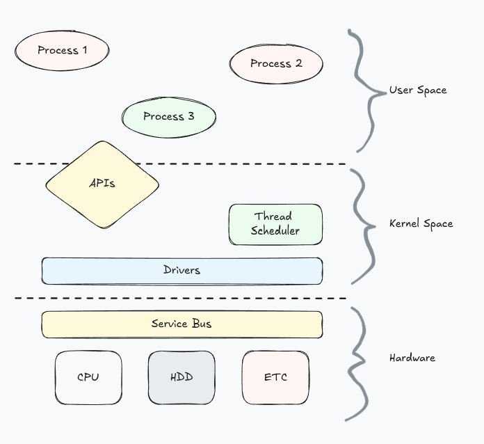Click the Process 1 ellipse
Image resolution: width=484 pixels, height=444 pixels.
point(62,50)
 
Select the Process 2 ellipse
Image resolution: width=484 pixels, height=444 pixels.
point(276,63)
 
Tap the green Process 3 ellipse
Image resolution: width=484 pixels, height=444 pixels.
point(168,116)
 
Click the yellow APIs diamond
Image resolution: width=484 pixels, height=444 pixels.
point(102,184)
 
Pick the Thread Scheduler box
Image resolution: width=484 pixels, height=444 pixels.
point(275,224)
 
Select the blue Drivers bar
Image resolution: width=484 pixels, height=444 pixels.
point(181,270)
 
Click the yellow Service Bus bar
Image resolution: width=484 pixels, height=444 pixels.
point(181,324)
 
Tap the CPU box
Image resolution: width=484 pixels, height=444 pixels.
point(88,377)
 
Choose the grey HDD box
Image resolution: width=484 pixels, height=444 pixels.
point(181,377)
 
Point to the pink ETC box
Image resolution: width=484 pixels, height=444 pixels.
point(275,377)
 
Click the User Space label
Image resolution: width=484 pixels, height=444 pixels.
point(417,90)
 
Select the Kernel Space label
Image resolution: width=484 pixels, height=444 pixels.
point(421,224)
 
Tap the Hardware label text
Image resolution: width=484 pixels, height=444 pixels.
point(412,358)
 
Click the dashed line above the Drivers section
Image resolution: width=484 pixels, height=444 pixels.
point(209,164)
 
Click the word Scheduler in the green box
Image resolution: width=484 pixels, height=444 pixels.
point(275,231)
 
